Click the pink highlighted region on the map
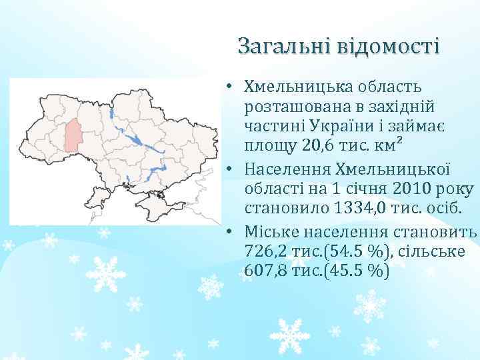click(73, 136)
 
